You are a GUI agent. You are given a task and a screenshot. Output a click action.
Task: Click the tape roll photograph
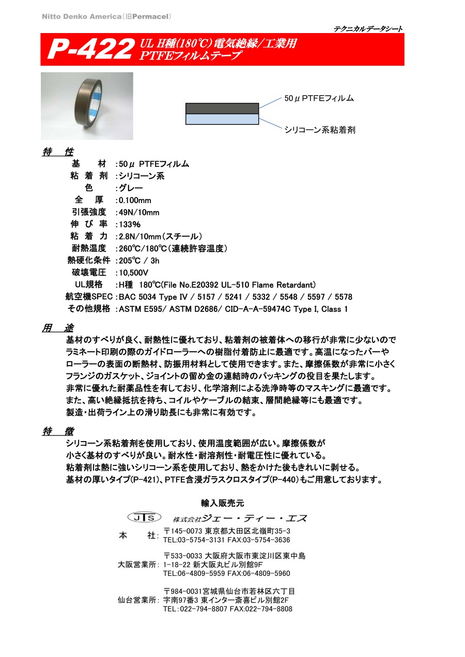(x=87, y=105)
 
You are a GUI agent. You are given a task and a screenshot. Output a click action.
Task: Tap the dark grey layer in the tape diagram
(x=222, y=108)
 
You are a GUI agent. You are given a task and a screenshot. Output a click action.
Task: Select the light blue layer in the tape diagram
(x=222, y=119)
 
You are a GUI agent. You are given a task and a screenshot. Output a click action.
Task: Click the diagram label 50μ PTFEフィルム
(x=319, y=98)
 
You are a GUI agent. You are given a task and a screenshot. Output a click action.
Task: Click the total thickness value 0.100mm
(x=135, y=200)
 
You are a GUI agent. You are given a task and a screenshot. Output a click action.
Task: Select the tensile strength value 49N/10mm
(x=139, y=212)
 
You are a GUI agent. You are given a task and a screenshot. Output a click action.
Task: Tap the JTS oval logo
(x=144, y=517)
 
